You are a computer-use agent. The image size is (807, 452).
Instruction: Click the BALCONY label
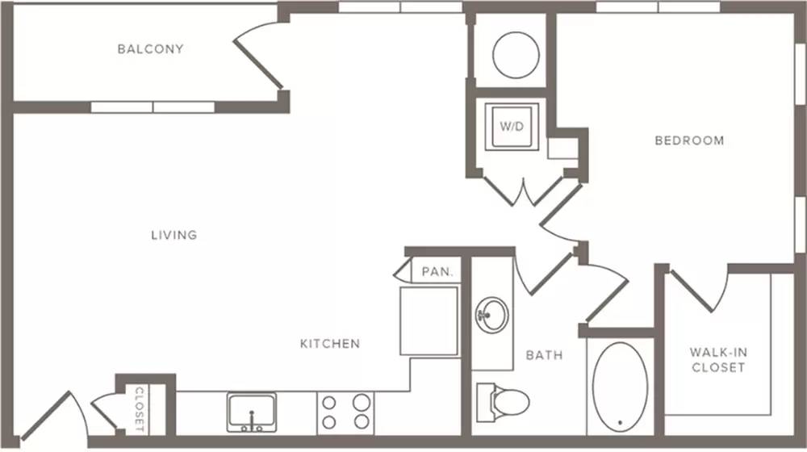click(x=150, y=49)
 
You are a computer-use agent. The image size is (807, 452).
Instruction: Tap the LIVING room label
click(x=174, y=235)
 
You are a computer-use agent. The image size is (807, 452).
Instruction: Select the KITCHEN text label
click(x=330, y=343)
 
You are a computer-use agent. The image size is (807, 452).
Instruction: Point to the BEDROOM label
click(x=689, y=140)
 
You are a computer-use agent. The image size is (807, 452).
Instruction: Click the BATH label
click(x=544, y=355)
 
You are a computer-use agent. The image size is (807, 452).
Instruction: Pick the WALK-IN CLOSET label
click(x=718, y=360)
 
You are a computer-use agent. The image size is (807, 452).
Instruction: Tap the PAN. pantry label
click(x=437, y=271)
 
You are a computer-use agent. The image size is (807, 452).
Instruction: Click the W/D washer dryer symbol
click(x=512, y=127)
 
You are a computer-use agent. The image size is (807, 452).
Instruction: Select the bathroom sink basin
click(x=492, y=315)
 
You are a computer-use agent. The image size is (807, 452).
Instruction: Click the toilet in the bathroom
click(x=503, y=400)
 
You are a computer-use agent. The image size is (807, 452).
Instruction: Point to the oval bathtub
click(x=620, y=387)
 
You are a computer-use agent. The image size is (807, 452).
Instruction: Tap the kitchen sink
click(x=252, y=412)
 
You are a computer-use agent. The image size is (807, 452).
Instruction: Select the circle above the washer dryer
click(x=516, y=55)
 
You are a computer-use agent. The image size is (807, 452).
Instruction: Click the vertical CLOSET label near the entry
click(x=140, y=409)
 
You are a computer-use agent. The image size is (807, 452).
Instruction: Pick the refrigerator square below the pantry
click(x=429, y=320)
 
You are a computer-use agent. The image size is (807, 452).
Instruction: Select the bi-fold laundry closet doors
click(x=524, y=191)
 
